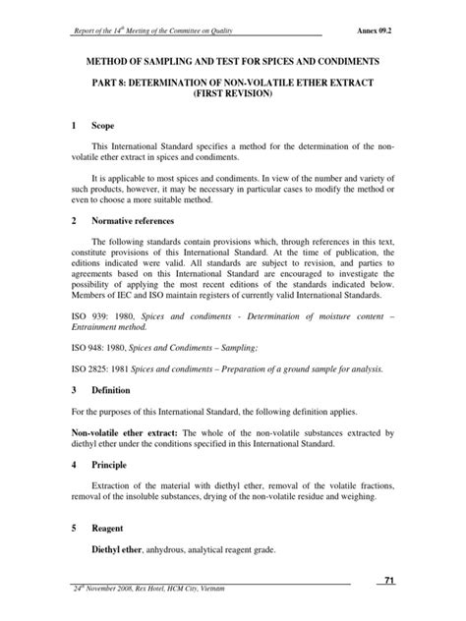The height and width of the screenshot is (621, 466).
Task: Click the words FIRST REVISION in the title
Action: pyautogui.click(x=233, y=97)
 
